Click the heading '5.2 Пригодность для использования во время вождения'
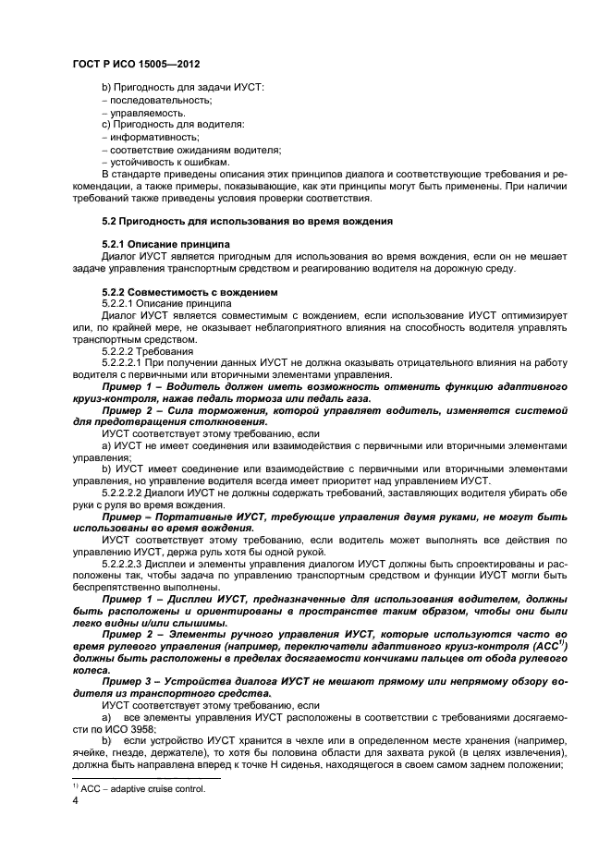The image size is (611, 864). point(247,221)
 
